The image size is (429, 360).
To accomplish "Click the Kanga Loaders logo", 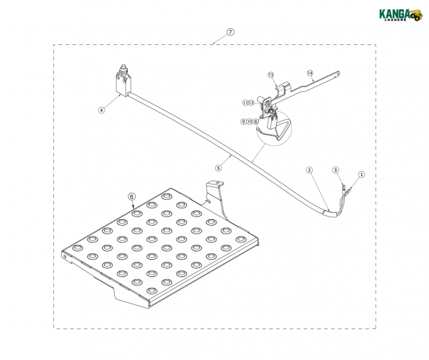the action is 400,15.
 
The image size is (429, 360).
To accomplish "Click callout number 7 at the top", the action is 231,32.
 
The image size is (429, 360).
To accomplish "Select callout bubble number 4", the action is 101,110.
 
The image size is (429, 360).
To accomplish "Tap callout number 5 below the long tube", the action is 218,168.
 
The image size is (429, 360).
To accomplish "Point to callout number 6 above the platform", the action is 132,197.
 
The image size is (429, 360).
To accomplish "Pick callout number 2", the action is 309,170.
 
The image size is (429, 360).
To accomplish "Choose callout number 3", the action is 336,170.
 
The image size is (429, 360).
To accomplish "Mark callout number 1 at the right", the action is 362,174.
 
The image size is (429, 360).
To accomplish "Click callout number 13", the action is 270,75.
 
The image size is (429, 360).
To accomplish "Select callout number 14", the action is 310,73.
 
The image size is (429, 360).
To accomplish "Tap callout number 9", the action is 243,122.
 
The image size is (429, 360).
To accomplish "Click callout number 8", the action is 255,122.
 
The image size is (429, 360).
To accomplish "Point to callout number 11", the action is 245,103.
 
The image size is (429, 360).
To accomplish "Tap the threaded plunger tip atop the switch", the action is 123,67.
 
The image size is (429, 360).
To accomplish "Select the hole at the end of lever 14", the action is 338,74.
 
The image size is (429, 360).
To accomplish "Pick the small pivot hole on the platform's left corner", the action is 65,257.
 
